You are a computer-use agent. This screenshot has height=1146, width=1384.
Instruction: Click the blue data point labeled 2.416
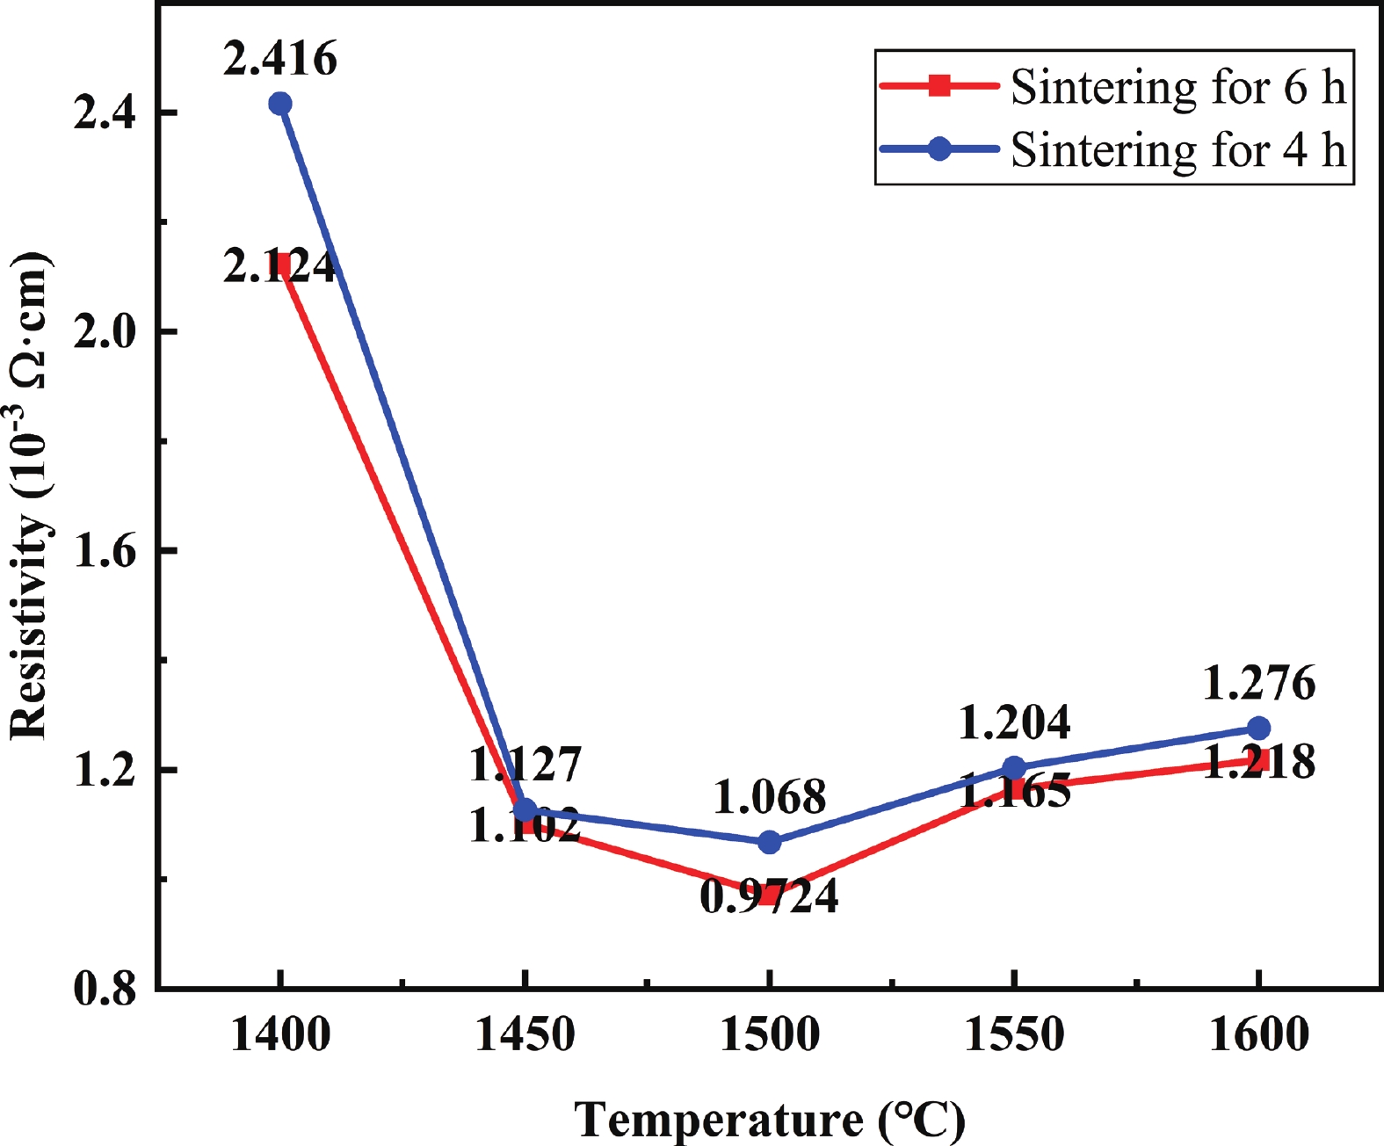click(280, 104)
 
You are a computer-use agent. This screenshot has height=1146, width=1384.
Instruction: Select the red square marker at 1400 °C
click(280, 264)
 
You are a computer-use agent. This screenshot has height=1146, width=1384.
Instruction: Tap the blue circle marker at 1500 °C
click(770, 842)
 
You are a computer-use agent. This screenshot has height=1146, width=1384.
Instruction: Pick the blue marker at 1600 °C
click(1258, 729)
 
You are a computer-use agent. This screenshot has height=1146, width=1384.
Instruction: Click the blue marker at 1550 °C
click(1014, 768)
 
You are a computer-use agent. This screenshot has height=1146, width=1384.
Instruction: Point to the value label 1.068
click(770, 798)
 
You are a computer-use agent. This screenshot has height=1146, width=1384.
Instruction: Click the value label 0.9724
click(770, 897)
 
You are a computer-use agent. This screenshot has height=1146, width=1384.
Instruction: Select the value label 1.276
click(1258, 684)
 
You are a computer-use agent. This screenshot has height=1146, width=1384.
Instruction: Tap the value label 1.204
click(1014, 723)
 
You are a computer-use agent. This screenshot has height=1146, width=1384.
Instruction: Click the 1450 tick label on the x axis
click(525, 1034)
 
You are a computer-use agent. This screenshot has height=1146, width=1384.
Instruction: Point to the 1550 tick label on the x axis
click(1014, 1034)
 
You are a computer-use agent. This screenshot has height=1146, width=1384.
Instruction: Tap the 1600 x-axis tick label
click(1258, 1034)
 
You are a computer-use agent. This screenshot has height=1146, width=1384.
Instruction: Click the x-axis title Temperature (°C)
click(770, 1120)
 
